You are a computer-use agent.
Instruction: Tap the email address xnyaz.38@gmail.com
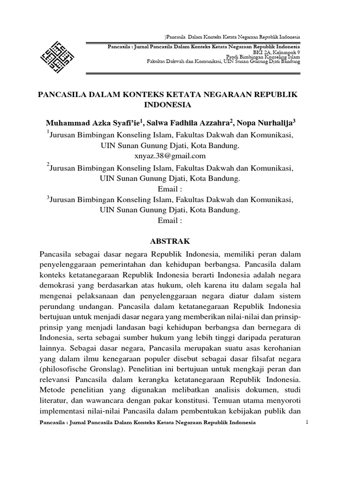click(170, 156)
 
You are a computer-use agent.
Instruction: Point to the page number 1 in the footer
click(307, 422)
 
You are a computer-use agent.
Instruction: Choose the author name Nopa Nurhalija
click(265, 123)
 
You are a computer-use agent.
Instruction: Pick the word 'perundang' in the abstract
click(57, 308)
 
